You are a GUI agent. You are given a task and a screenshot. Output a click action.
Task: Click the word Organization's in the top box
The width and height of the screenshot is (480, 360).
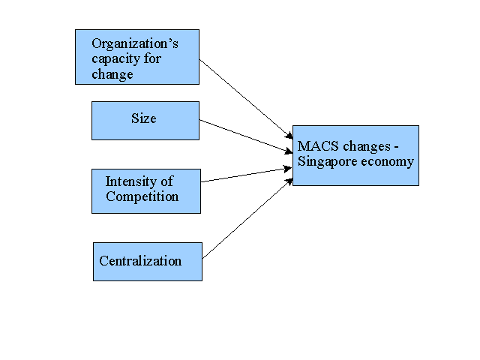pos(135,44)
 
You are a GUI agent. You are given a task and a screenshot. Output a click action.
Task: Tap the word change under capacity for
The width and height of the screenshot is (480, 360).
pos(112,75)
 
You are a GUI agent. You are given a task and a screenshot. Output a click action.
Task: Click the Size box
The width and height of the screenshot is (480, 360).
pos(145,121)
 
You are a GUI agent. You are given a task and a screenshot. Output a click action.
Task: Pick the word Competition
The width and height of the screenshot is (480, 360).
pos(142,196)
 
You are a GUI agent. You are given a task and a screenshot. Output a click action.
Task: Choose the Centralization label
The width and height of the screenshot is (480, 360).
pos(140,261)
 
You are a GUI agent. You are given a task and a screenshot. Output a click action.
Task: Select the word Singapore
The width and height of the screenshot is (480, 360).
pos(327,162)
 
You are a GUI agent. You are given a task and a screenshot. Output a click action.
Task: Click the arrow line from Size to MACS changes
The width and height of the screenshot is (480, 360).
pos(246,136)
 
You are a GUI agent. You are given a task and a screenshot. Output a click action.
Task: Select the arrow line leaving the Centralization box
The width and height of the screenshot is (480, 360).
pos(247,218)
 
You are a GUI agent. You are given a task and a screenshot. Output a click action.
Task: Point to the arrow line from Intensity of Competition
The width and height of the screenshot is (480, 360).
pos(247,175)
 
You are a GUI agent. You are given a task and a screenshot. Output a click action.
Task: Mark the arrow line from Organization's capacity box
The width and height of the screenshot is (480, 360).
pos(246,99)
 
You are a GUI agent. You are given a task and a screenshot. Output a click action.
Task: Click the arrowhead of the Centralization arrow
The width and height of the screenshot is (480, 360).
pos(289,181)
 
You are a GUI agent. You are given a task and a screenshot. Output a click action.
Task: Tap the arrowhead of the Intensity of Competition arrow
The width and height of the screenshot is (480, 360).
pos(288,169)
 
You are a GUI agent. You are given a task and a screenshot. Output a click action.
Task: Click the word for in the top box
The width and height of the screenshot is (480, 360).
pos(152,58)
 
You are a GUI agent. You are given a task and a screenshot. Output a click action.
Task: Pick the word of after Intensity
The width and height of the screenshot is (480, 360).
pos(166,181)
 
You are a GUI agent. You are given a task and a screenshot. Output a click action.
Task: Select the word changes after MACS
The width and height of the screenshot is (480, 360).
pos(367,147)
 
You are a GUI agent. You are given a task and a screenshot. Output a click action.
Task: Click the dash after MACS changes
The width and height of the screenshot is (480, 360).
pos(397,148)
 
